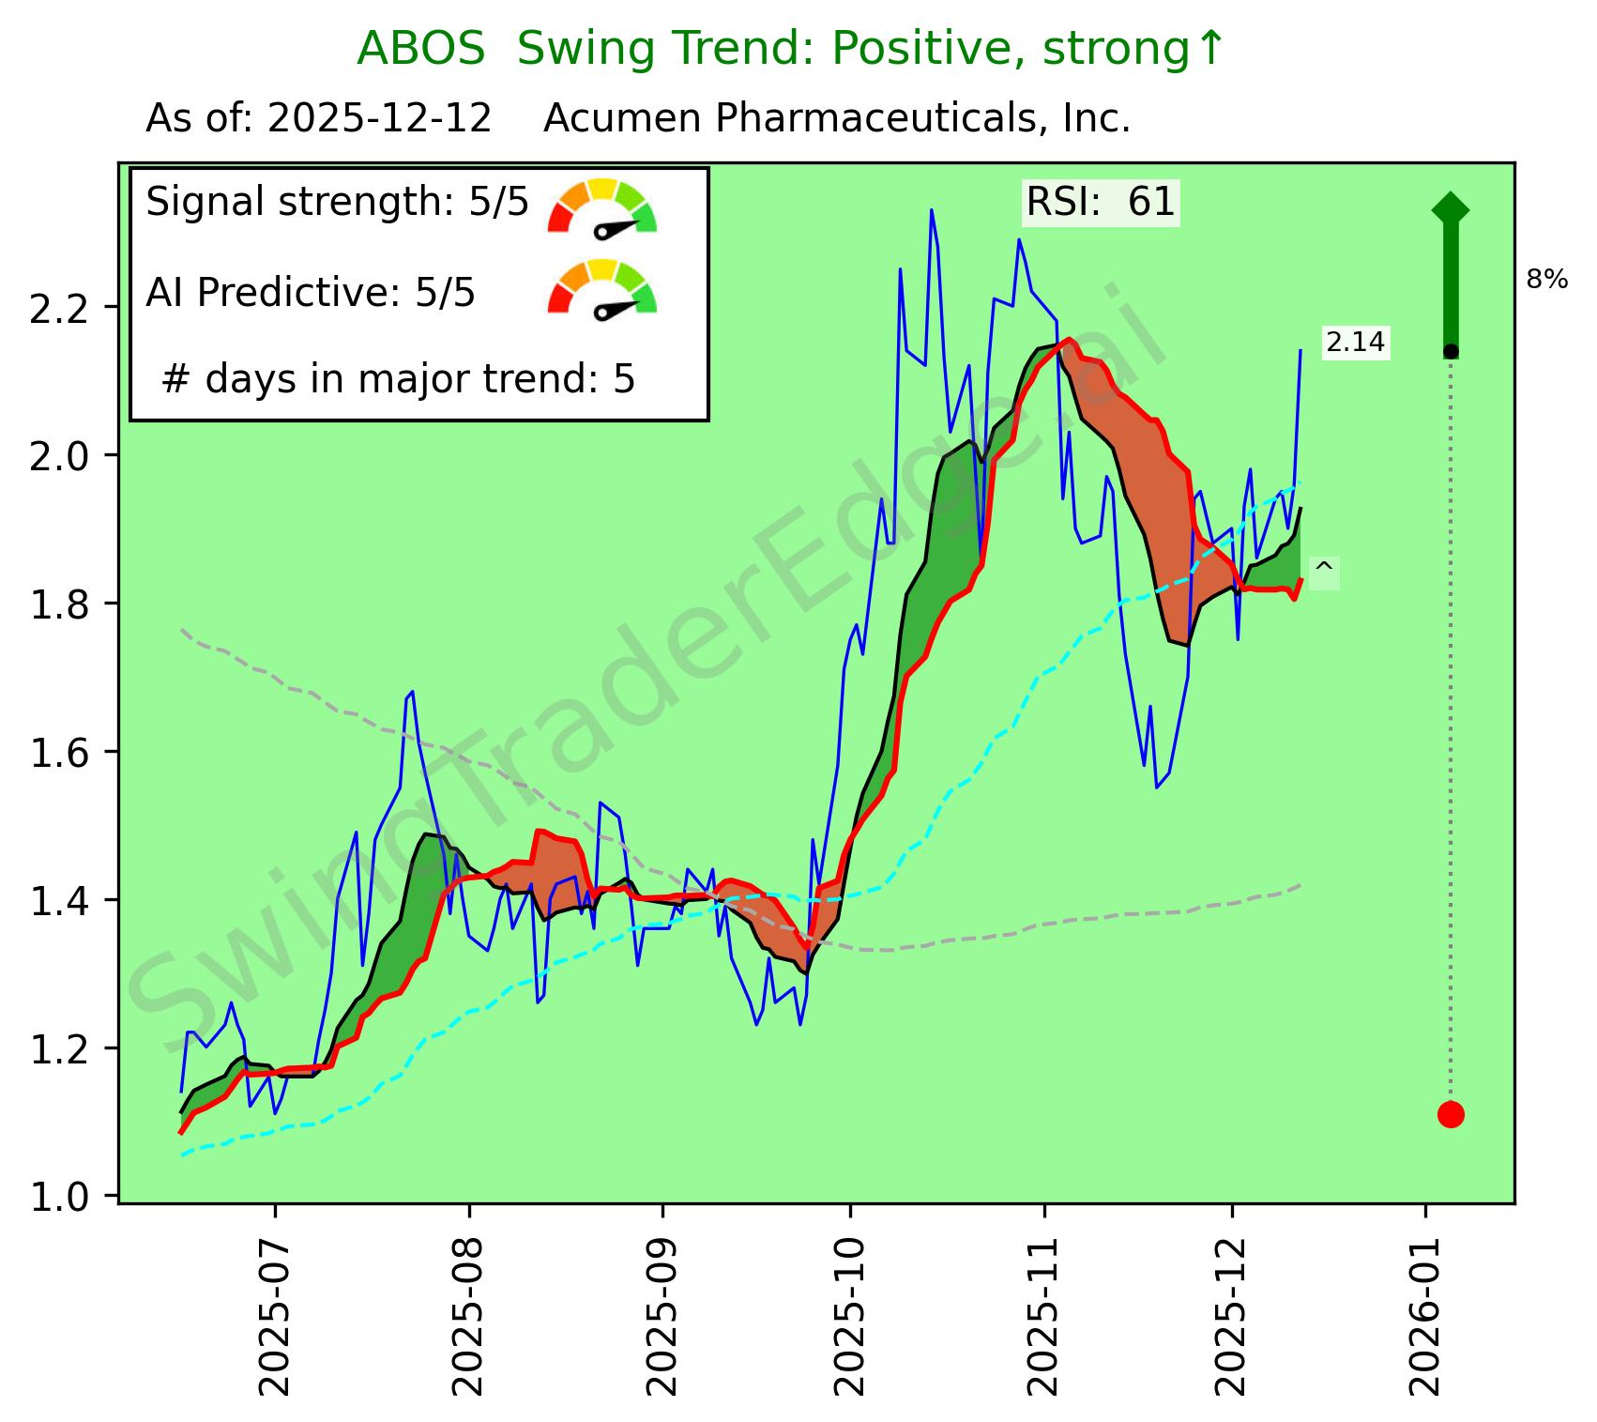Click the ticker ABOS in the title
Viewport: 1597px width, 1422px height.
(420, 49)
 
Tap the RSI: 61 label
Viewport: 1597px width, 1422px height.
(1100, 202)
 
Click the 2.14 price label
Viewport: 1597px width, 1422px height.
(1355, 343)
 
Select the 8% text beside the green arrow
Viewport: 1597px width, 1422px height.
(1547, 279)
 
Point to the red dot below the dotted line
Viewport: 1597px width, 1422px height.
(1451, 1114)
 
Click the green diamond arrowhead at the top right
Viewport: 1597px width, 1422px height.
(1451, 208)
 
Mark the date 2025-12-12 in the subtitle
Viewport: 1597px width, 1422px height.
(379, 119)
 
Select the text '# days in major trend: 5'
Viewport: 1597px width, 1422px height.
(398, 379)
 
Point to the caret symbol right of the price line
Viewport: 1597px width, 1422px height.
(1323, 569)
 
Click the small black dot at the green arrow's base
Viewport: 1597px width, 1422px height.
(1451, 351)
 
